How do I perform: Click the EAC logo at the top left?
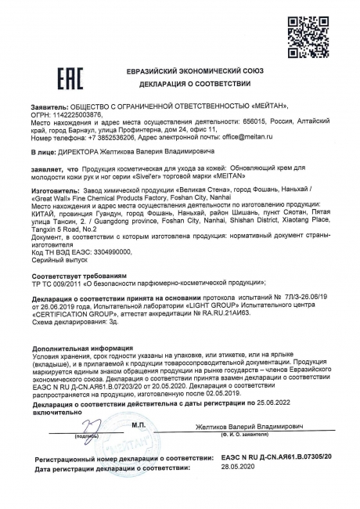coord(49,81)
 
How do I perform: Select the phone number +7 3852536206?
coord(112,135)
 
